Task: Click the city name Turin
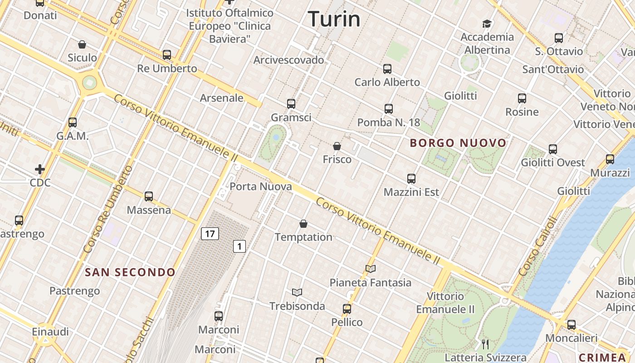[x=334, y=19]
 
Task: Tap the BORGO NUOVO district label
[x=458, y=143]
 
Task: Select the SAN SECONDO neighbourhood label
[x=130, y=272]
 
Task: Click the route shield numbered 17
[x=210, y=234]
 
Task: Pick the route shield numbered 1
[x=239, y=246]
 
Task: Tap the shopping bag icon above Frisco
[x=337, y=146]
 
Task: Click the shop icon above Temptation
[x=303, y=224]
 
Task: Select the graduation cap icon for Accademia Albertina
[x=487, y=24]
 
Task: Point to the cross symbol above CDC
[x=40, y=170]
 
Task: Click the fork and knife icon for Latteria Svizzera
[x=485, y=344]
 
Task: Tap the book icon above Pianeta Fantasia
[x=371, y=269]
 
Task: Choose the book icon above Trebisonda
[x=297, y=292]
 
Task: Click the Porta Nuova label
[x=260, y=186]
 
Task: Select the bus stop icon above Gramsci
[x=291, y=104]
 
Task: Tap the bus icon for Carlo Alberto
[x=387, y=69]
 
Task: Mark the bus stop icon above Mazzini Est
[x=411, y=179]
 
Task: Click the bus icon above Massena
[x=149, y=196]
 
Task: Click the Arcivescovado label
[x=289, y=60]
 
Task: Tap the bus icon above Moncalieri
[x=571, y=325]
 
